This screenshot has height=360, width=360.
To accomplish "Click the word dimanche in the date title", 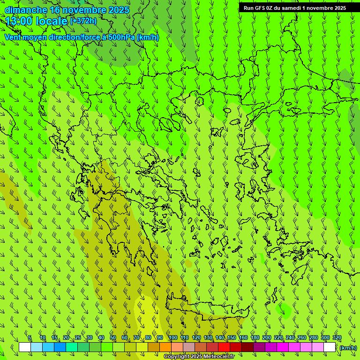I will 25,10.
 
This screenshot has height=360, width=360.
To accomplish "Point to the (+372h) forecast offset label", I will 83,21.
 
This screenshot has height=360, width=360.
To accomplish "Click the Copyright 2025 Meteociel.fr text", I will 199,357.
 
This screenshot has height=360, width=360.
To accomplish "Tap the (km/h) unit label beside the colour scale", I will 348,348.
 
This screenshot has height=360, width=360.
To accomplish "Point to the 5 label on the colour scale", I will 30,337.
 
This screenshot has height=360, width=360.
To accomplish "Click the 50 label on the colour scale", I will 113,337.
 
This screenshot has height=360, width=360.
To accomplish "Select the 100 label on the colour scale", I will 173,337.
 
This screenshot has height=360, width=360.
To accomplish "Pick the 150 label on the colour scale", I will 232,337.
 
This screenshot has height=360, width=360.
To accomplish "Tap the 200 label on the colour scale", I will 267,337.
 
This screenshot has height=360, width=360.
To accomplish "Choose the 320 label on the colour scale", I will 337,337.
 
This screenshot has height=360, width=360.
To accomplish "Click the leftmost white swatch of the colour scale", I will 25,347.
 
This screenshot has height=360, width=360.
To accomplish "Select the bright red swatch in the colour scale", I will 224,347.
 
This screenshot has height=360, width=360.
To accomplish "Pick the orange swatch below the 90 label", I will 165,347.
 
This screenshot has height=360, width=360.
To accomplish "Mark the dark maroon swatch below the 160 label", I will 247,347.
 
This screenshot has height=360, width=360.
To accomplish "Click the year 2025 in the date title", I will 119,10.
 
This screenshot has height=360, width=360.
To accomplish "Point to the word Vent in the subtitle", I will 13,37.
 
